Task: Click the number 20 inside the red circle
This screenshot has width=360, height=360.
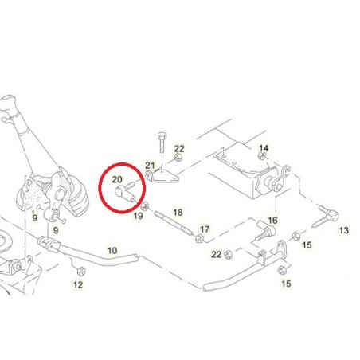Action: [117, 180]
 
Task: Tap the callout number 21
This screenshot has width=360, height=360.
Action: [150, 166]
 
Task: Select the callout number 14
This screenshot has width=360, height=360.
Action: [264, 148]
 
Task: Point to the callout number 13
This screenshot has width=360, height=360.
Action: [344, 230]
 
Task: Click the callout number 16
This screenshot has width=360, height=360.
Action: [272, 221]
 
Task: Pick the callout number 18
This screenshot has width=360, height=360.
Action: [178, 213]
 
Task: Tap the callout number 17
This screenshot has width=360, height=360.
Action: [205, 229]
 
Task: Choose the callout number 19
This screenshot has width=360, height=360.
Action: [138, 216]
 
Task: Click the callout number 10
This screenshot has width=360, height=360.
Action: [112, 251]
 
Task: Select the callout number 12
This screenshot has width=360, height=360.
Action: [78, 285]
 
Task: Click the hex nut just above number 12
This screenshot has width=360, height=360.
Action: [80, 272]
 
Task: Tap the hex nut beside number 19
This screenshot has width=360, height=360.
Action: [144, 206]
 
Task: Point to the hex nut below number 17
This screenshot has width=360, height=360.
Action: [199, 239]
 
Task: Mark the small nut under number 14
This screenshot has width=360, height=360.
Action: [263, 156]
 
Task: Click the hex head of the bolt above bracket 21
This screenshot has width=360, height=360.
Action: [162, 136]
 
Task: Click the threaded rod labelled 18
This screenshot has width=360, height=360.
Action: [173, 222]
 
